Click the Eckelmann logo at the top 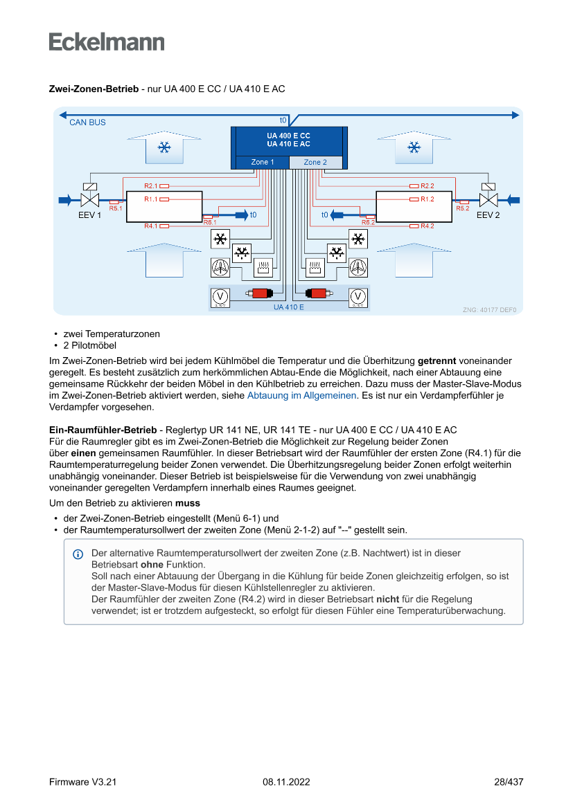coord(107,42)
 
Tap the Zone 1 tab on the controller coord(262,163)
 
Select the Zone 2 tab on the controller coord(315,163)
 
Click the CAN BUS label coord(87,122)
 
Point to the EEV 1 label coord(89,215)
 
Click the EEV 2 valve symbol coord(489,199)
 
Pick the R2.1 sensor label coord(151,185)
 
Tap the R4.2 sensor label coord(427,226)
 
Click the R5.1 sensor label coord(116,208)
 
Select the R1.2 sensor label coord(427,199)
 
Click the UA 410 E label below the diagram coord(288,307)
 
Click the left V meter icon coord(220,296)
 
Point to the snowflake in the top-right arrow coord(414,147)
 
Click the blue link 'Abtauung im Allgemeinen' coord(301,395)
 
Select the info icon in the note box coord(78,554)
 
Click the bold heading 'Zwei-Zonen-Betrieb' coord(94,89)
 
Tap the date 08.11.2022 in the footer coord(286,782)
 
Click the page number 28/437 coord(508,782)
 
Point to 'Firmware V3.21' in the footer coord(82,782)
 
